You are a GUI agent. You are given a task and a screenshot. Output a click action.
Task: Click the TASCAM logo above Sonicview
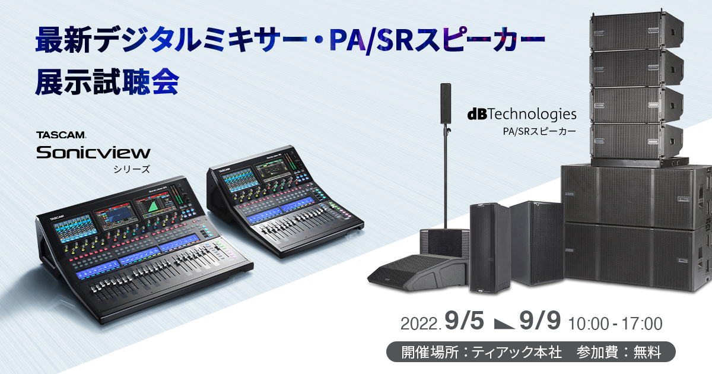click(61, 135)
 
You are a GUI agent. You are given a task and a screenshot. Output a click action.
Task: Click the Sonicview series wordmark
click(93, 153)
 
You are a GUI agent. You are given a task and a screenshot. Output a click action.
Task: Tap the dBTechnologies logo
click(522, 115)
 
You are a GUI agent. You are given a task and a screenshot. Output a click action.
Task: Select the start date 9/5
click(464, 321)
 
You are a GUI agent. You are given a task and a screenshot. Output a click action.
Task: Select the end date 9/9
click(540, 321)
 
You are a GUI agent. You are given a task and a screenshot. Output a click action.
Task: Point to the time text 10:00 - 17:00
click(615, 324)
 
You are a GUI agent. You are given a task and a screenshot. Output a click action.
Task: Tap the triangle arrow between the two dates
click(504, 324)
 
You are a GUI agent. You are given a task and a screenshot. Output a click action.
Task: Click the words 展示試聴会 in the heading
click(107, 82)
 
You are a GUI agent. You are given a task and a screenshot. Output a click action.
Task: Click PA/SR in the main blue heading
click(372, 40)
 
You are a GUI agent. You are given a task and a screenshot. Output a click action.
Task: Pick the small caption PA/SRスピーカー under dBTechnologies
click(539, 131)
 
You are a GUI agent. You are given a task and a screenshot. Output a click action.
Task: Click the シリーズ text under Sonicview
click(132, 169)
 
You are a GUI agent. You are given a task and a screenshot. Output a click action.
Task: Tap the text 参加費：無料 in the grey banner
click(618, 352)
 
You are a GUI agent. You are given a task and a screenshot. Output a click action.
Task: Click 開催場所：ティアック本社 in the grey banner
click(481, 352)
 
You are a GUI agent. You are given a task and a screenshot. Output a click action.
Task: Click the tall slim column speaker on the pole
click(446, 103)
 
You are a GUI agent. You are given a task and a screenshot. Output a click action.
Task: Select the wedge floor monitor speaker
click(418, 273)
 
